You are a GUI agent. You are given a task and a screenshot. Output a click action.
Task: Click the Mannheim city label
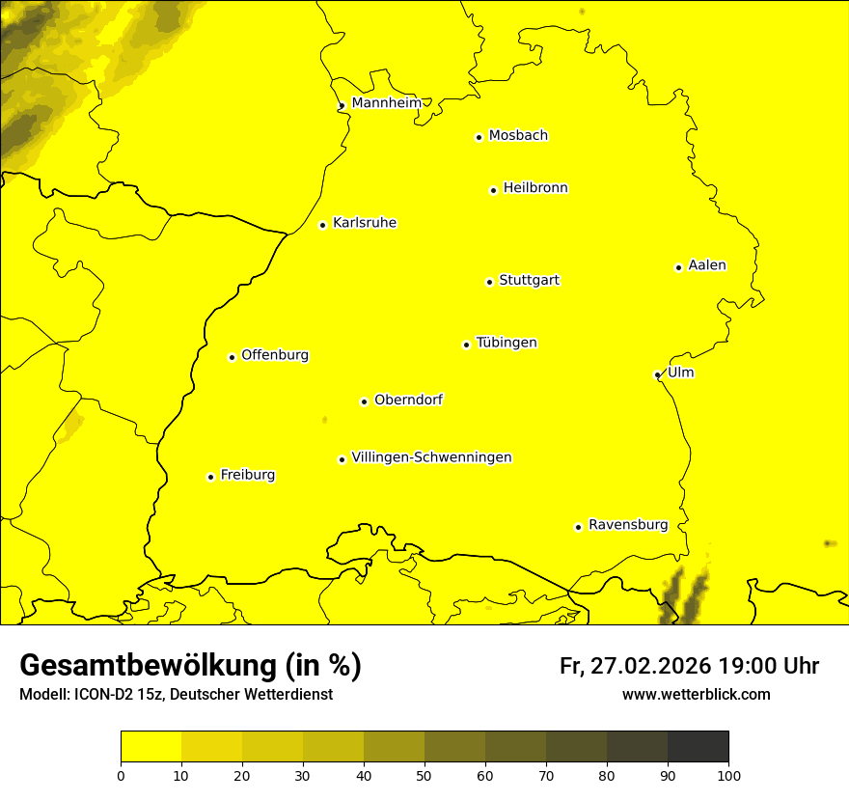[386, 103]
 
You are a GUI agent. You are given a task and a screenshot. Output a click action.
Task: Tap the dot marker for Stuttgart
[489, 282]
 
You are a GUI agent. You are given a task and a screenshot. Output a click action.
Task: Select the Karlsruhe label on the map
[364, 223]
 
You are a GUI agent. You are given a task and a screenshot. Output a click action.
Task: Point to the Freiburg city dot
[210, 477]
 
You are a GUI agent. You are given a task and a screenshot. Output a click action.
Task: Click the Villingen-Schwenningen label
[431, 457]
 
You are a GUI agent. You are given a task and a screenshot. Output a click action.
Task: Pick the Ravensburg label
[627, 525]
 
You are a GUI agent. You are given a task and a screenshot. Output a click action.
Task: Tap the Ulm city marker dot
[657, 374]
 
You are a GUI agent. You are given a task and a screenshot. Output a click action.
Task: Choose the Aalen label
[707, 265]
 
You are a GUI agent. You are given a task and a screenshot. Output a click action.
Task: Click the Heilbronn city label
[535, 188]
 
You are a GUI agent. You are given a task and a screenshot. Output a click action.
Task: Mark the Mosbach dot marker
[479, 137]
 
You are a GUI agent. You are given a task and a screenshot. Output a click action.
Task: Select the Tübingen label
[507, 343]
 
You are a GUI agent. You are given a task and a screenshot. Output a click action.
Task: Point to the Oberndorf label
[408, 400]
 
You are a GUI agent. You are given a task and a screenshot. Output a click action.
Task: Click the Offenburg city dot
[232, 357]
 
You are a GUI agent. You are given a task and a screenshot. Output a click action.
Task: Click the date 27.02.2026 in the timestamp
[648, 666]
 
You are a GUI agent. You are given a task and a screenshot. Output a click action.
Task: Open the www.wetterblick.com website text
[696, 694]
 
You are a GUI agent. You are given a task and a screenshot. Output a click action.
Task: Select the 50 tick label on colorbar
[424, 774]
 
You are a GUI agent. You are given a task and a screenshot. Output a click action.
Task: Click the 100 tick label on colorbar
[728, 774]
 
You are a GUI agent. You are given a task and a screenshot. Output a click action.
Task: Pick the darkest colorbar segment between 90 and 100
[698, 747]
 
